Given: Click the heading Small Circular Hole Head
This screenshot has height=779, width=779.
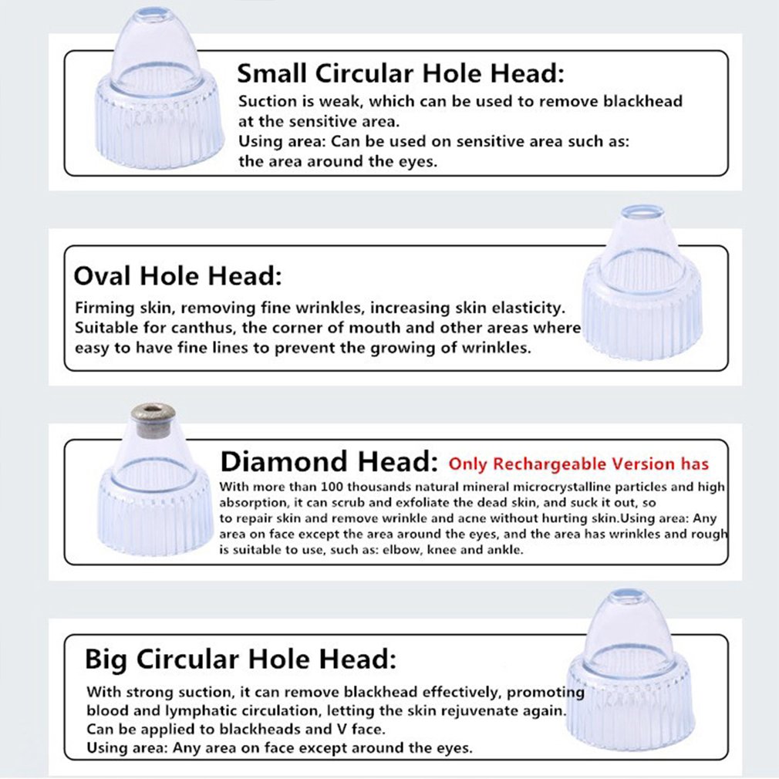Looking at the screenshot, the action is click(x=400, y=73).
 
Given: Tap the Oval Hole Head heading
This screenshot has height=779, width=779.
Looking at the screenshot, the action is click(x=177, y=275).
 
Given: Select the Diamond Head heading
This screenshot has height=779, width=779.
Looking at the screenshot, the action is click(x=329, y=461).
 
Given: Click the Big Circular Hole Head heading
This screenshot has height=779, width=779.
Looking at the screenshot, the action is click(x=241, y=659).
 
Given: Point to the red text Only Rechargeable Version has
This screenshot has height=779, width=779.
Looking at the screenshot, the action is click(x=578, y=464).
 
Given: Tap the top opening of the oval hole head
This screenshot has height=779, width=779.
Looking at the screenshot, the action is click(x=642, y=212).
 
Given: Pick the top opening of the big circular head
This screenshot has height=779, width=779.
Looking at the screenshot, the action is click(x=628, y=595).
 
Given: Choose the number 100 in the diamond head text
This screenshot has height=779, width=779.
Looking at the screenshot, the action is click(x=332, y=487).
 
